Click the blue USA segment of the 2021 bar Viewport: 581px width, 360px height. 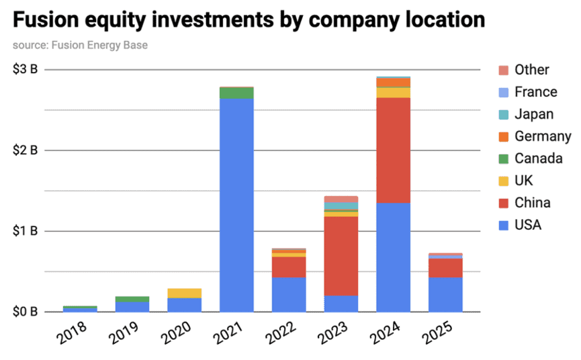tap(236, 205)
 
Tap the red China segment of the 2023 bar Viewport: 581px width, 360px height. tap(341, 255)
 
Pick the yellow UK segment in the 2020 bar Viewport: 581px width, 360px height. tap(184, 293)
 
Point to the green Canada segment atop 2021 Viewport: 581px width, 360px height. tap(236, 93)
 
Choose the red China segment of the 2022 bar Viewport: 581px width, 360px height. tap(289, 267)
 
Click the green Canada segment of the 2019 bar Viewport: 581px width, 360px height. tap(132, 299)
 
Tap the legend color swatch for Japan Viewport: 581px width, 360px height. tap(504, 114)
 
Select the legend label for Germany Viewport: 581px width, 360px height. tap(543, 136)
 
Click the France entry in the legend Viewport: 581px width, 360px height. tap(535, 92)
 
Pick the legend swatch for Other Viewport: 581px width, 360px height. tap(504, 70)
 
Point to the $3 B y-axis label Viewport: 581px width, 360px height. tap(25, 69)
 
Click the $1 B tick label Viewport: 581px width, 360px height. tap(25, 231)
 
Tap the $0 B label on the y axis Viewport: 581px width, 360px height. tap(25, 312)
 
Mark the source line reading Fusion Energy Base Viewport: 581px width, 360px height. tap(80, 46)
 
